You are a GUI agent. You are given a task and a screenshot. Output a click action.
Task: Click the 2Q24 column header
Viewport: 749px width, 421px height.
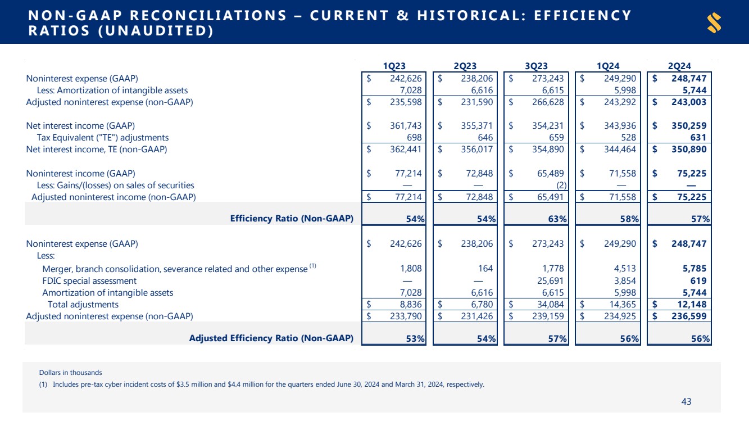680,66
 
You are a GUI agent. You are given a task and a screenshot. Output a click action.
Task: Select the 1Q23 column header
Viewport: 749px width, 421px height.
394,66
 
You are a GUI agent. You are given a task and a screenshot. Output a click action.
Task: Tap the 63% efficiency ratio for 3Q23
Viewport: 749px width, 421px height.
557,219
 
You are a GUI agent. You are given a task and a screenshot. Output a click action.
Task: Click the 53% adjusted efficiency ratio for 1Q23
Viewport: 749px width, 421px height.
415,338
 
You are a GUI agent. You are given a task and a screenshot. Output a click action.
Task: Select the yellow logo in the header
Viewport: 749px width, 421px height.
714,22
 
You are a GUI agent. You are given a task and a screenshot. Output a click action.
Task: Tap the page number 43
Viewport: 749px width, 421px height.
686,401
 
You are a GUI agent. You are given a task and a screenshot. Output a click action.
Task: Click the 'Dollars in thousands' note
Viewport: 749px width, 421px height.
71,372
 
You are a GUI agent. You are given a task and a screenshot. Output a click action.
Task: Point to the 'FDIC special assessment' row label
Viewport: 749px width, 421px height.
89,280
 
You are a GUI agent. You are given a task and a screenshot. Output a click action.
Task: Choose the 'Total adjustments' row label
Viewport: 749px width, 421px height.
83,305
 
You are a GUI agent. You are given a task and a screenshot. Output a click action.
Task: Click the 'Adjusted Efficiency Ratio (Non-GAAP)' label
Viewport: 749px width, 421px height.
271,338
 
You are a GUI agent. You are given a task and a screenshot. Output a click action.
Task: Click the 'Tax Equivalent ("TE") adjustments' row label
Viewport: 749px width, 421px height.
103,137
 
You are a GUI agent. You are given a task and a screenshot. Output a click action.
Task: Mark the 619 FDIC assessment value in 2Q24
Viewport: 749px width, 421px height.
697,280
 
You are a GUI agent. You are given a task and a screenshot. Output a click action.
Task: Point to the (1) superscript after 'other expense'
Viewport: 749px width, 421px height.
313,266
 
